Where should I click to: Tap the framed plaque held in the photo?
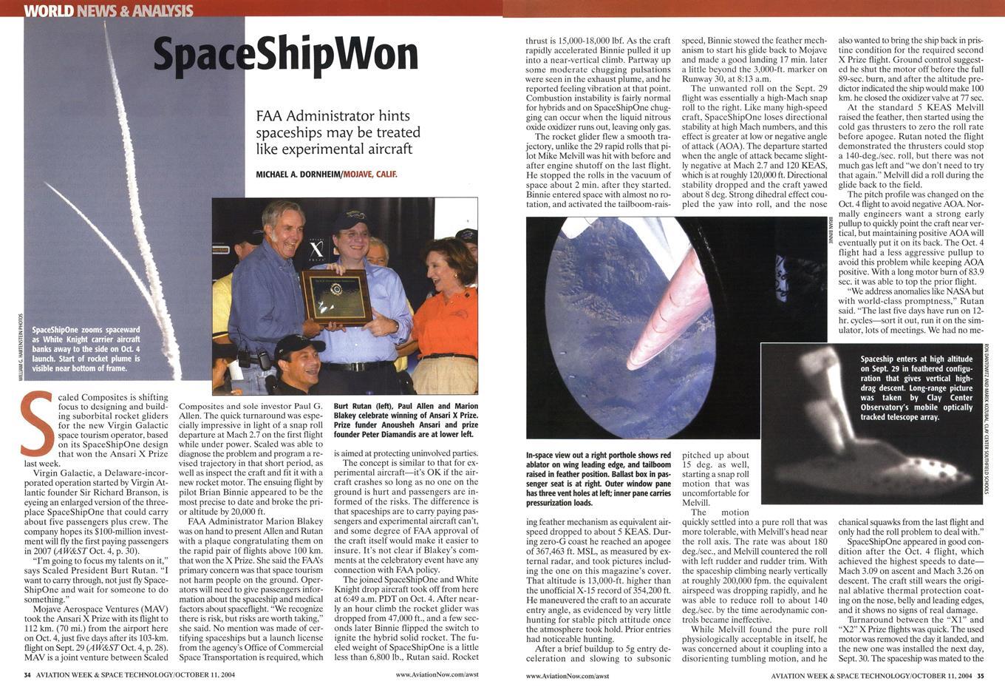pos(337,297)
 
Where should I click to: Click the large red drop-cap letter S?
pos(36,422)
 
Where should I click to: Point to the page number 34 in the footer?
pos(27,675)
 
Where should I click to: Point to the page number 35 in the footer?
pos(981,675)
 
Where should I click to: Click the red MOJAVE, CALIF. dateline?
pos(368,175)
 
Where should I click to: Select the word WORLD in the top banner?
pos(48,10)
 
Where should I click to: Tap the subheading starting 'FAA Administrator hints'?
pos(338,132)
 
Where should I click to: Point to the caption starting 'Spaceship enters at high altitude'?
pos(916,388)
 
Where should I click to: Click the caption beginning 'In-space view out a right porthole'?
pos(599,478)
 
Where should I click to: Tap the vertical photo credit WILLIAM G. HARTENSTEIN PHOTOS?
pos(19,348)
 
